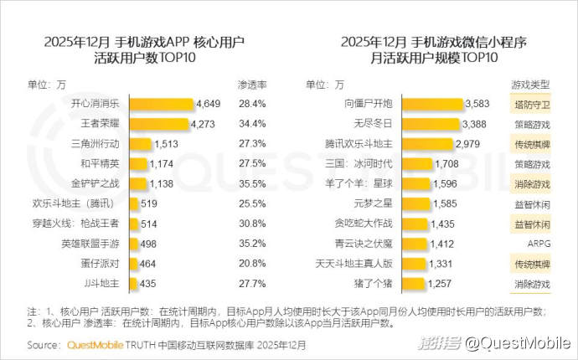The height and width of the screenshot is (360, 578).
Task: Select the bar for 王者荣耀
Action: tap(157, 124)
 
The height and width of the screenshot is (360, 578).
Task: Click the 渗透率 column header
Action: tap(251, 85)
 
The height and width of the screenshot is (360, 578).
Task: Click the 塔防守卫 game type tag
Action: tap(530, 105)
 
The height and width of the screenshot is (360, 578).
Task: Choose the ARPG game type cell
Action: tap(530, 244)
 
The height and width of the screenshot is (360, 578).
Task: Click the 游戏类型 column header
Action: tap(530, 85)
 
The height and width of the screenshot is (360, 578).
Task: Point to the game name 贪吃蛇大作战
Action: tap(364, 224)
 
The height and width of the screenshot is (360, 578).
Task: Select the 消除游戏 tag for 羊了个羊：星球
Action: tap(530, 184)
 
